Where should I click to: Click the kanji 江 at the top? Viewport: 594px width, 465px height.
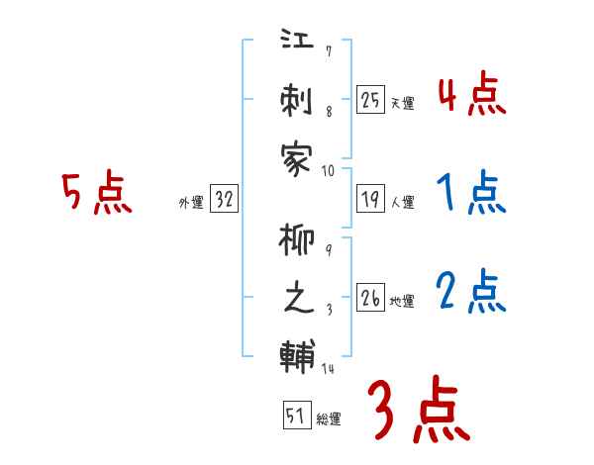297,45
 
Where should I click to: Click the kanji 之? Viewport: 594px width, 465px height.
297,300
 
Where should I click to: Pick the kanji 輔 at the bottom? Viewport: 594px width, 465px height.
297,355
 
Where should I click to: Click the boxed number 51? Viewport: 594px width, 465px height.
295,416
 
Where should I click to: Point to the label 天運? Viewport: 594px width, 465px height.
402,102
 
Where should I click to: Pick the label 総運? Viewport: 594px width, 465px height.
329,419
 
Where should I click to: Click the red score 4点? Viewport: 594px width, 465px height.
471,96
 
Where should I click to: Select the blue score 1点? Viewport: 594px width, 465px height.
471,194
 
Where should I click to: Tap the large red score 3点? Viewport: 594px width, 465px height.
418,410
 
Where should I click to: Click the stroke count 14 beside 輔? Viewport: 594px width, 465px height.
329,370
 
